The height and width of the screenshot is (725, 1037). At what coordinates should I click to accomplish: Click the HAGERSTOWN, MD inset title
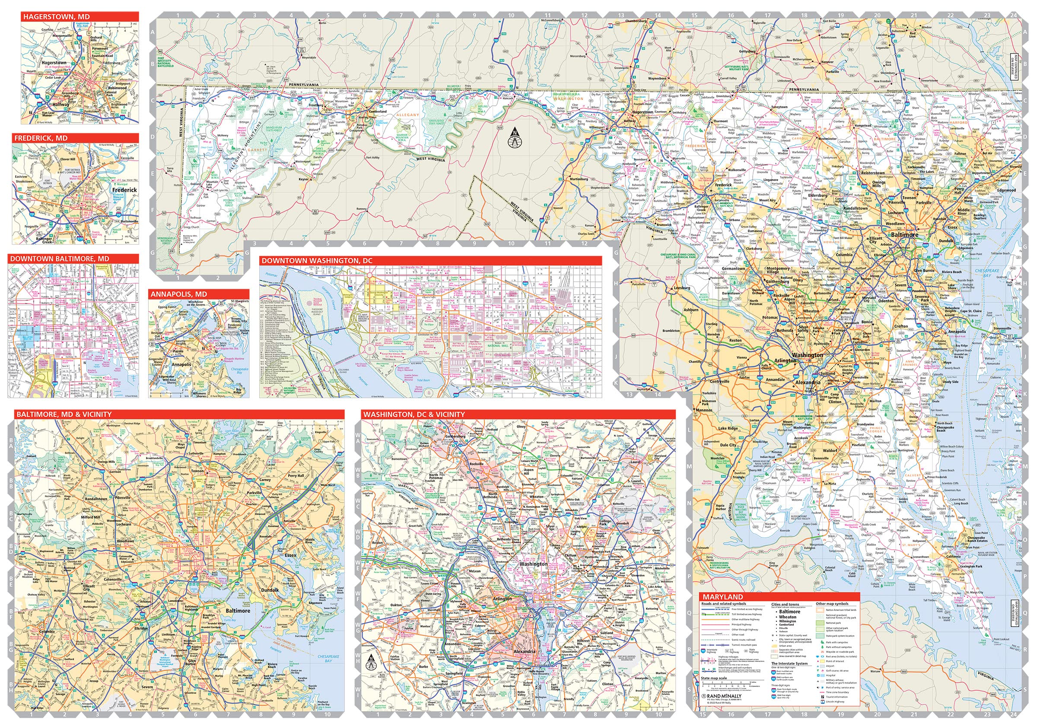pos(57,17)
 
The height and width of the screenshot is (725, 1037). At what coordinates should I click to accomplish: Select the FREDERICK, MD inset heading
pos(41,138)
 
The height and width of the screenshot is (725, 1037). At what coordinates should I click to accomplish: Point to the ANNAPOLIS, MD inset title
pos(179,294)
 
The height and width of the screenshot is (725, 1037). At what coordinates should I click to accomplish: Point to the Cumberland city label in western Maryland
pos(378,111)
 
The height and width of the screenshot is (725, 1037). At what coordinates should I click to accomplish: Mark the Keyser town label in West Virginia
pos(303,179)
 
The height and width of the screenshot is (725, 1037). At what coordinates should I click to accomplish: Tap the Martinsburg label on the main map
pos(579,179)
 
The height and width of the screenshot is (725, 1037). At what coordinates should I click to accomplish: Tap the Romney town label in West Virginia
pos(361,209)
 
